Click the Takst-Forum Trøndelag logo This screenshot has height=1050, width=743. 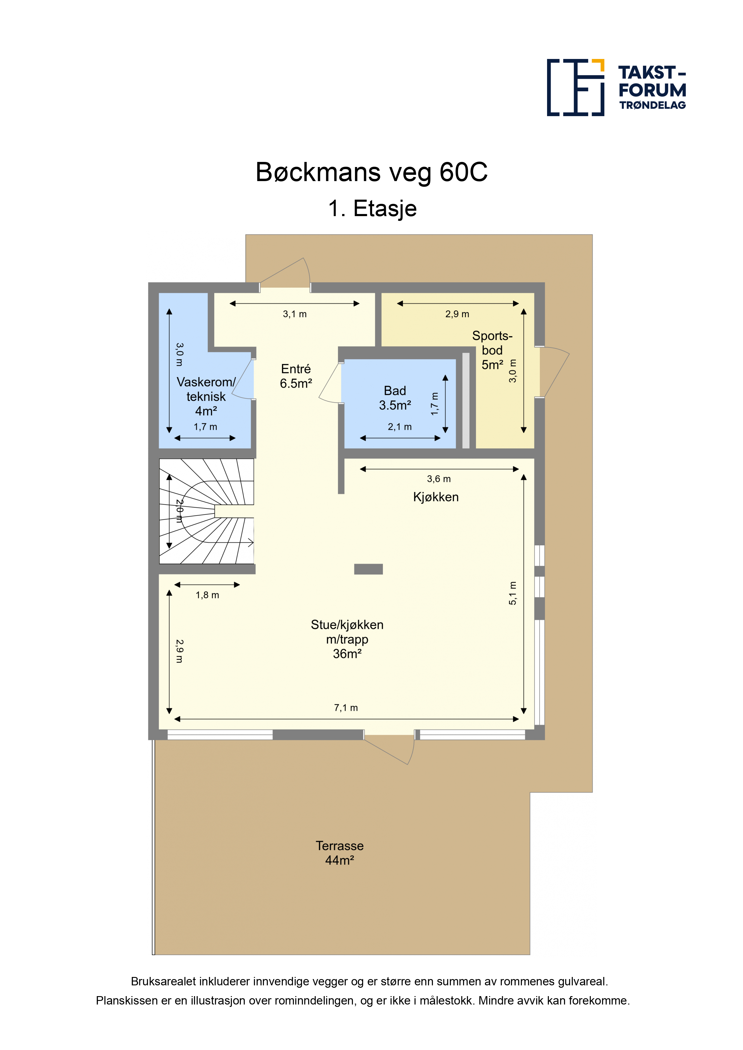click(616, 87)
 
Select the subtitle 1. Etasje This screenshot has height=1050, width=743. click(372, 209)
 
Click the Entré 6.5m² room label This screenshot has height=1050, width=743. click(296, 376)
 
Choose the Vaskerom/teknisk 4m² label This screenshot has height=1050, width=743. click(206, 396)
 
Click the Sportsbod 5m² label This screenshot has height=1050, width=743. click(492, 350)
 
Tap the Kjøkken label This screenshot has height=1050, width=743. click(436, 497)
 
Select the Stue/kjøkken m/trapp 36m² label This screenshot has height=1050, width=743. click(347, 639)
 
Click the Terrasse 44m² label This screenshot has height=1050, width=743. click(340, 853)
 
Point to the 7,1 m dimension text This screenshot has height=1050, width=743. click(346, 708)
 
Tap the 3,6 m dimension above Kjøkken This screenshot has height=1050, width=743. click(439, 479)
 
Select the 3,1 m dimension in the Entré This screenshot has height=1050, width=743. click(295, 314)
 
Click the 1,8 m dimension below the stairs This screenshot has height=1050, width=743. click(207, 595)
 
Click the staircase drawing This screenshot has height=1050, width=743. click(206, 511)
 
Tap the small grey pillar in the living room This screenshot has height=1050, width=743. click(368, 569)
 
